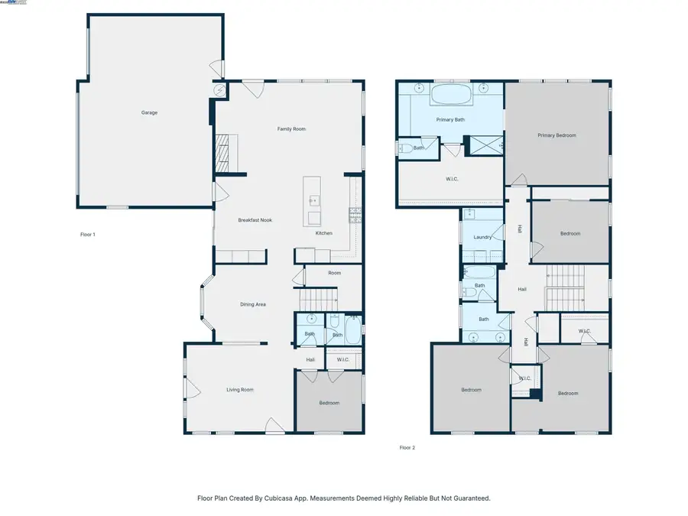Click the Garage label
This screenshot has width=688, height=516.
(149, 112)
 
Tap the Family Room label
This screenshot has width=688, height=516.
(291, 129)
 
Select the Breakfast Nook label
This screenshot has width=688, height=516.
(255, 220)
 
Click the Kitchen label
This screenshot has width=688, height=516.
(324, 233)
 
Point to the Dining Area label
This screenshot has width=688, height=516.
(253, 305)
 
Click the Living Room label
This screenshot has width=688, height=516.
(239, 390)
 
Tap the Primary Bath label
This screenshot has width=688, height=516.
(450, 120)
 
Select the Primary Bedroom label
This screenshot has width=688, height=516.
(557, 135)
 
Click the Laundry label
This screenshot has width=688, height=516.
(482, 237)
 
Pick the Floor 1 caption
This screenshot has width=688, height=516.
(88, 235)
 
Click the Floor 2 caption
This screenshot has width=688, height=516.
(407, 448)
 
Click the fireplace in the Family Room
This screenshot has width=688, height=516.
(223, 153)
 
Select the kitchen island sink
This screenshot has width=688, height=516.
(313, 202)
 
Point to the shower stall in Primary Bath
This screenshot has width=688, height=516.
(484, 143)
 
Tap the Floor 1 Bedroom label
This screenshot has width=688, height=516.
(329, 403)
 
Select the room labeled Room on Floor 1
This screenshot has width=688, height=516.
(334, 273)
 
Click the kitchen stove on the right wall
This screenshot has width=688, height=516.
(355, 215)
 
